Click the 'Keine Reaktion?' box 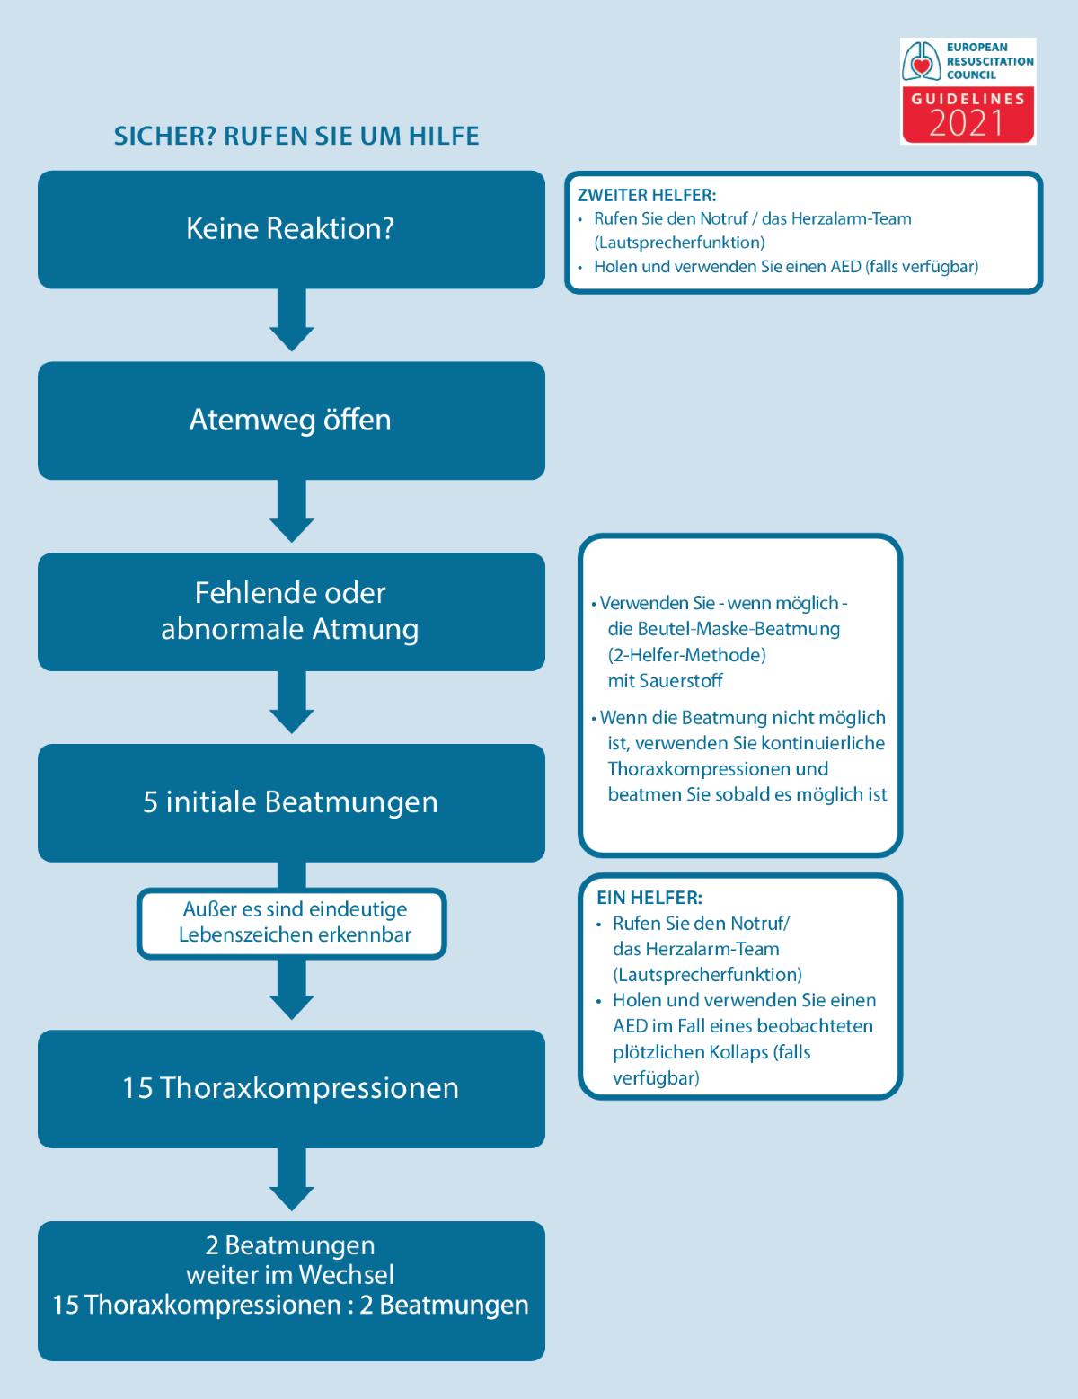tap(291, 229)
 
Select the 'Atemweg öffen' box tap(291, 421)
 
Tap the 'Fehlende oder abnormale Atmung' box tap(291, 611)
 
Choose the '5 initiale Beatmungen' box tap(291, 802)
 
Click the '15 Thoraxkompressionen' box tap(291, 1088)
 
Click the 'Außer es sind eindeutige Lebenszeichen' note tap(293, 923)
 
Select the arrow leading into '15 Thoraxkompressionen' tap(292, 993)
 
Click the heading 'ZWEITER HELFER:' tap(647, 195)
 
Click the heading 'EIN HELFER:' tap(649, 898)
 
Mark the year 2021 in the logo tap(967, 123)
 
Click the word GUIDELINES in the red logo tap(968, 99)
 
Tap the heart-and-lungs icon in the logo tap(921, 61)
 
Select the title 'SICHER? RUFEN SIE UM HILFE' tap(296, 137)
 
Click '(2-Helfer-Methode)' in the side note tap(687, 655)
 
